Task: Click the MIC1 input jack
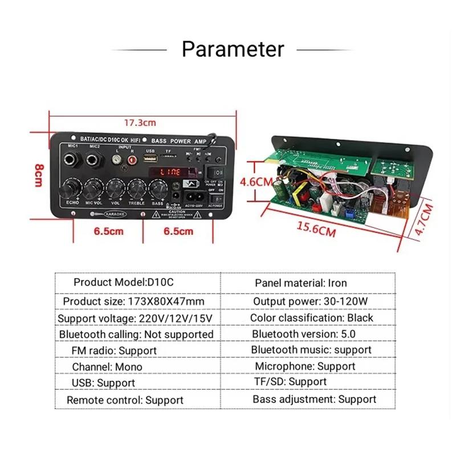point(72,160)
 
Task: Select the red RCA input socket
point(132,161)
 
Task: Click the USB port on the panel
point(150,160)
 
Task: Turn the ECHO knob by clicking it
point(72,188)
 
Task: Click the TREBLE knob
point(136,188)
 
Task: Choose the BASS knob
point(157,188)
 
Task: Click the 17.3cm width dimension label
point(140,123)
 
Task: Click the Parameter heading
point(233,49)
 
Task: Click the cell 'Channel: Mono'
point(107,367)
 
